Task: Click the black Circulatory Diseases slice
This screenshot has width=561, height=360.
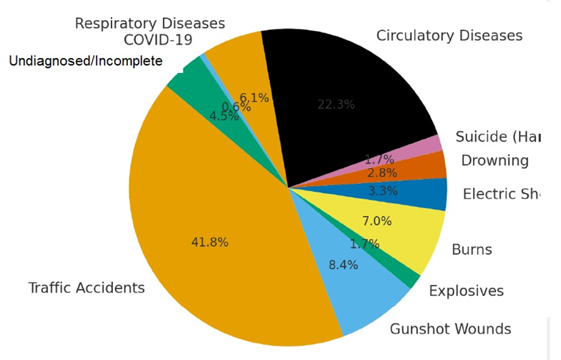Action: (349, 87)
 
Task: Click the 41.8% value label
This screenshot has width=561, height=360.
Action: (209, 242)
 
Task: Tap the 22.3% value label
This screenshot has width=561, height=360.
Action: (336, 105)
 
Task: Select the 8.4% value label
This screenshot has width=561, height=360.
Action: (343, 265)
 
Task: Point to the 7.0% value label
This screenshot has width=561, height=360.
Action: (377, 221)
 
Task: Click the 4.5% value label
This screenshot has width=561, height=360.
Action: (224, 116)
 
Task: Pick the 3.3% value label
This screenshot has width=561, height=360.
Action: (383, 191)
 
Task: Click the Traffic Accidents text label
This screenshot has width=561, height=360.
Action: (87, 288)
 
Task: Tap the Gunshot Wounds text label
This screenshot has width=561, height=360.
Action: (450, 329)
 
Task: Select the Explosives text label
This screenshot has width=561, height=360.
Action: (466, 291)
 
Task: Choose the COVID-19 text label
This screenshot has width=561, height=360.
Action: (158, 40)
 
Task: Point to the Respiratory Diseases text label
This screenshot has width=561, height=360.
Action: (150, 23)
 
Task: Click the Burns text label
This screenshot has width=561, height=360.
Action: (472, 250)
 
